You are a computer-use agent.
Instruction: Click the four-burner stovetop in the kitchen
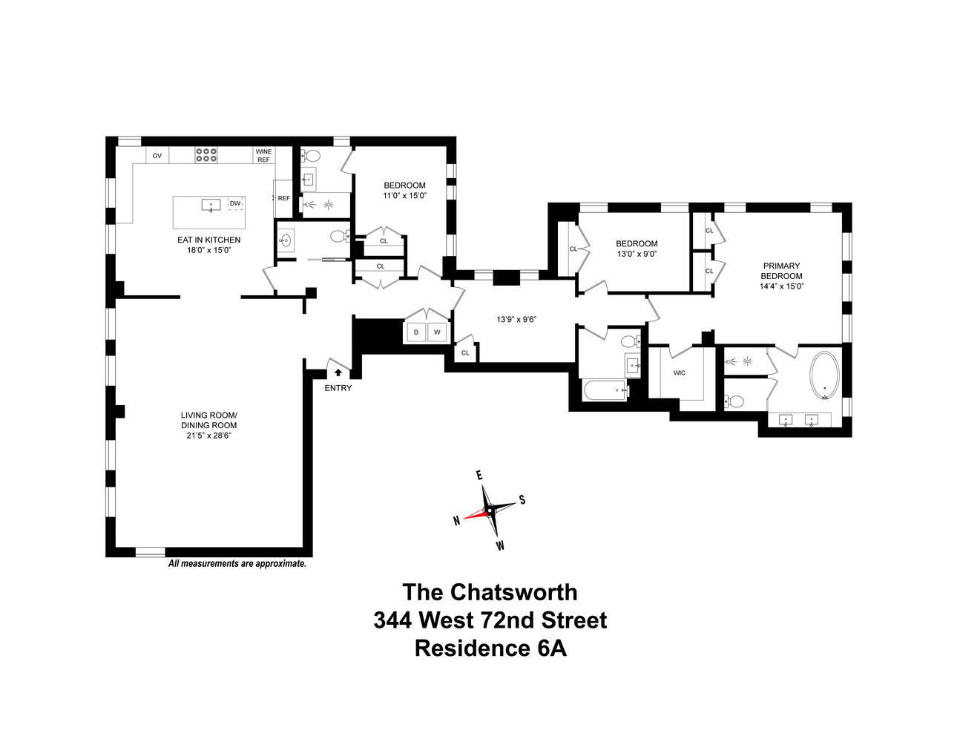tap(206, 154)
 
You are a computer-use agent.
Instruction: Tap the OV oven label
tap(157, 156)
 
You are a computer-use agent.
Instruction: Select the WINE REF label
tap(264, 156)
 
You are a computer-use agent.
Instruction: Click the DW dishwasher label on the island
tap(235, 203)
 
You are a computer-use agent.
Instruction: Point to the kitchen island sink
tap(211, 205)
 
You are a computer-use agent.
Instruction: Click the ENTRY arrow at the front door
tap(338, 372)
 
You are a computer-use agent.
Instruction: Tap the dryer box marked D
tap(416, 332)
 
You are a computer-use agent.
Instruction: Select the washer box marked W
tap(437, 332)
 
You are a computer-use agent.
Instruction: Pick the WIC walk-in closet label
tap(680, 372)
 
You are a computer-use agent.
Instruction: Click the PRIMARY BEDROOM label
tap(781, 271)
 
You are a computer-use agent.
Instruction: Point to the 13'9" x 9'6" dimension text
tap(516, 319)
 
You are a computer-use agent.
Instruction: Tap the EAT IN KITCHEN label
tap(209, 240)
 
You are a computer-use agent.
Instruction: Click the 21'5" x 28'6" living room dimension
tap(209, 436)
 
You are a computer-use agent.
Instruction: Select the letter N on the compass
tap(457, 521)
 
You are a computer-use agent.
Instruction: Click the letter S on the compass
tap(522, 500)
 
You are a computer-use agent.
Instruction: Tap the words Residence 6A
tap(490, 649)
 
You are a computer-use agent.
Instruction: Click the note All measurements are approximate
tap(237, 564)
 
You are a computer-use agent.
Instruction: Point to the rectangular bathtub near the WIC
tap(605, 390)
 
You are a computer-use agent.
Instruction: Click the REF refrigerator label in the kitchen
tap(284, 198)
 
